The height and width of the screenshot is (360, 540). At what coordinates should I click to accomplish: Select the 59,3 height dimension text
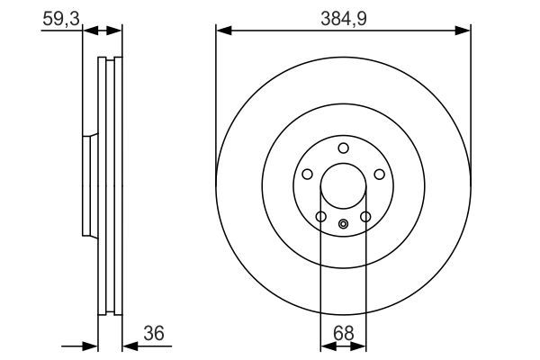pos(59,17)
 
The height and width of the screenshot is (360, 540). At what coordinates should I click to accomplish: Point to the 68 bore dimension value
pos(343,334)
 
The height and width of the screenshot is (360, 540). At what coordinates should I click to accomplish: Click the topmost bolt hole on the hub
pos(343,148)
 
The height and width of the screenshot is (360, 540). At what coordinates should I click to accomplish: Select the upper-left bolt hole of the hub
pos(307,175)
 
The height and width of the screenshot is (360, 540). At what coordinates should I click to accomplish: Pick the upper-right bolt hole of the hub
pos(379,175)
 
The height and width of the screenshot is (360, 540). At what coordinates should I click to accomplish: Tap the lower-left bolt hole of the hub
pos(320,216)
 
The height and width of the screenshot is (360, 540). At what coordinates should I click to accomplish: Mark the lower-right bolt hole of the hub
pos(365,216)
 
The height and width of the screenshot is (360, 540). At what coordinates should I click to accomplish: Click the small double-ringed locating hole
pos(343,224)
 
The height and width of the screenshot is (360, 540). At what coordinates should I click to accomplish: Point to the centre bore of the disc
pos(343,186)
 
